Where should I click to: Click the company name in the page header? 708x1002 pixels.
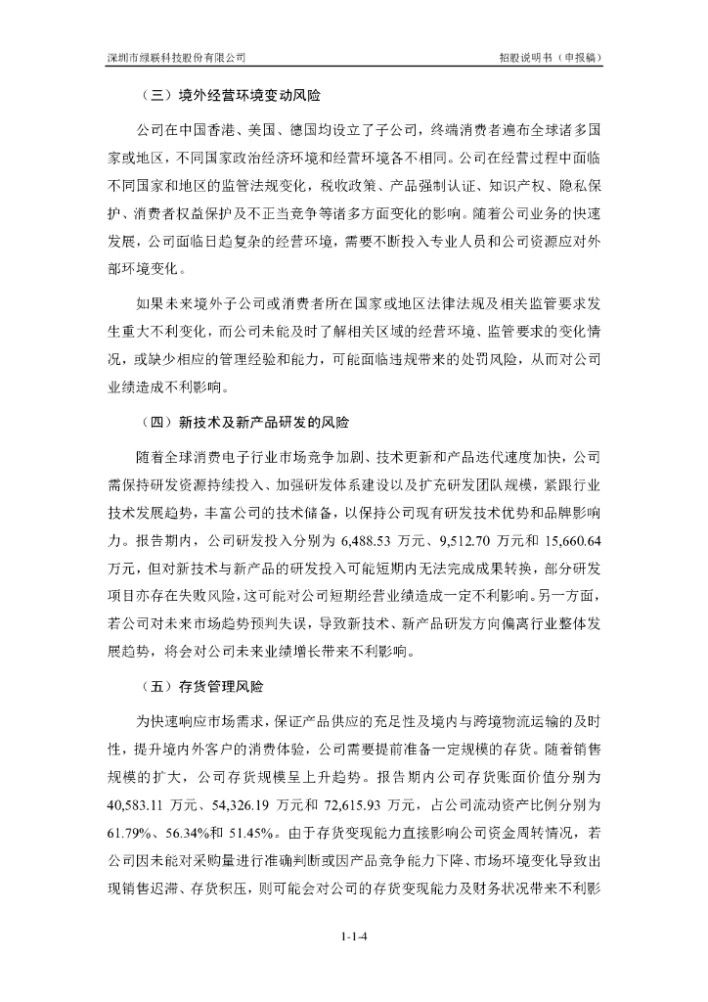(x=176, y=59)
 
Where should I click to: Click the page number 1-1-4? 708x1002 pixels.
(x=354, y=938)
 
